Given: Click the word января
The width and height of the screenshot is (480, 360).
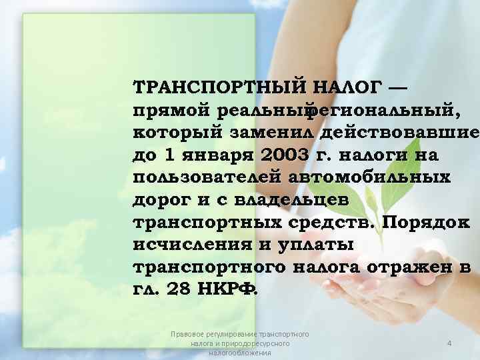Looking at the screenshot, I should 212,155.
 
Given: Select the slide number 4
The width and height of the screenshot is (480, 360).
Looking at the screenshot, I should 449,343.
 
